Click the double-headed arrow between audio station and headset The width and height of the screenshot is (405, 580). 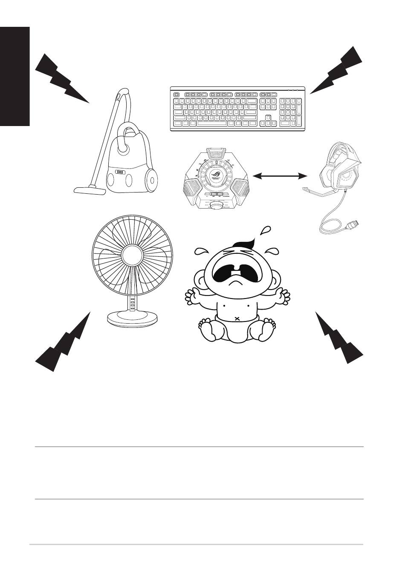280,175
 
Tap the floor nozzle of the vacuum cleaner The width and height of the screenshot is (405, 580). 90,190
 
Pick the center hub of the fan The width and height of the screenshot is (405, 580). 132,256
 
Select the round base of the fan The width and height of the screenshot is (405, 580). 132,317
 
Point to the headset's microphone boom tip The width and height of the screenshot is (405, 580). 305,188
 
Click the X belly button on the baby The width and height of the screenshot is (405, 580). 237,319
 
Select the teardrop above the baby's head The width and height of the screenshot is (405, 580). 266,230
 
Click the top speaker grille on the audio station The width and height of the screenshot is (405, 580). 217,152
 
